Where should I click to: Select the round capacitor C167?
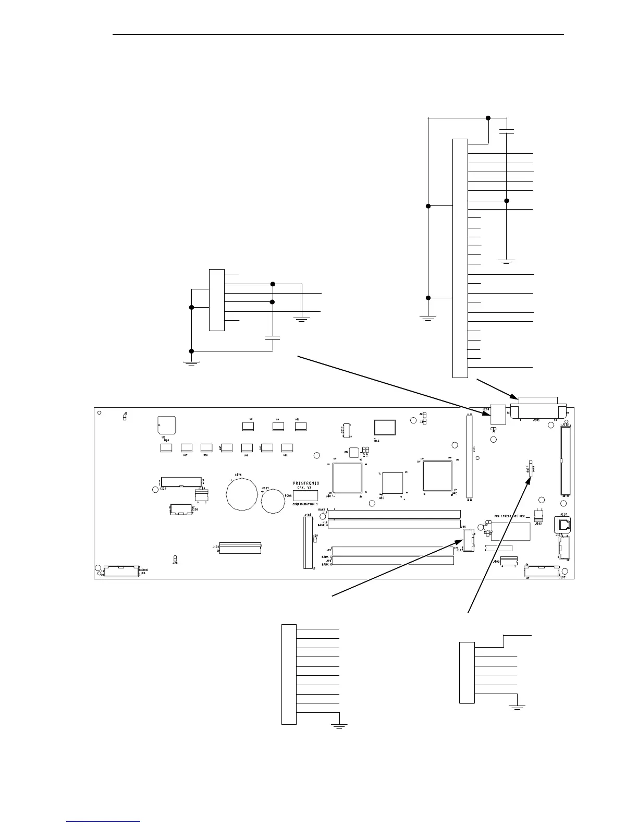click(x=275, y=502)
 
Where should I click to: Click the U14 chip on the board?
click(x=385, y=427)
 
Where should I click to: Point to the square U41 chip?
click(x=392, y=482)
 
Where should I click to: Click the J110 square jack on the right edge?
click(x=564, y=524)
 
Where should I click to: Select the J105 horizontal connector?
click(x=240, y=548)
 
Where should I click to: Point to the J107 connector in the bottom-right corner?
click(x=542, y=572)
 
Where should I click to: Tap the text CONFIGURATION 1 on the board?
click(x=305, y=505)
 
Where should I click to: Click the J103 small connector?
click(x=505, y=560)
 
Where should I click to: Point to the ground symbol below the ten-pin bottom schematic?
click(x=339, y=726)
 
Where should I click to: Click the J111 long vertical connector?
click(x=469, y=455)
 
